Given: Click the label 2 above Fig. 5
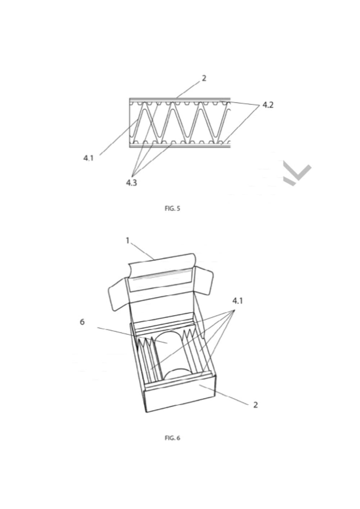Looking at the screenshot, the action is [204, 78].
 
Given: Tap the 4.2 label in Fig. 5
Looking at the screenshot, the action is [267, 105].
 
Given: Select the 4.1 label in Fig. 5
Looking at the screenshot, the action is [89, 158].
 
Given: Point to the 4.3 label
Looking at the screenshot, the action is [131, 183].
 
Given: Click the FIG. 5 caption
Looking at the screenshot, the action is [172, 208].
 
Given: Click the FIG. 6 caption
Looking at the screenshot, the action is [172, 438].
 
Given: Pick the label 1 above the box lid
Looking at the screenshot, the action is [127, 240].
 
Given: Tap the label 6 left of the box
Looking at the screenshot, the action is [82, 322].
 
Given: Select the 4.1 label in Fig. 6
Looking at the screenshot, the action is [237, 300].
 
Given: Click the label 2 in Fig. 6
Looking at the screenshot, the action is [255, 405].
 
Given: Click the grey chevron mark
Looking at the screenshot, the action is [297, 174].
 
